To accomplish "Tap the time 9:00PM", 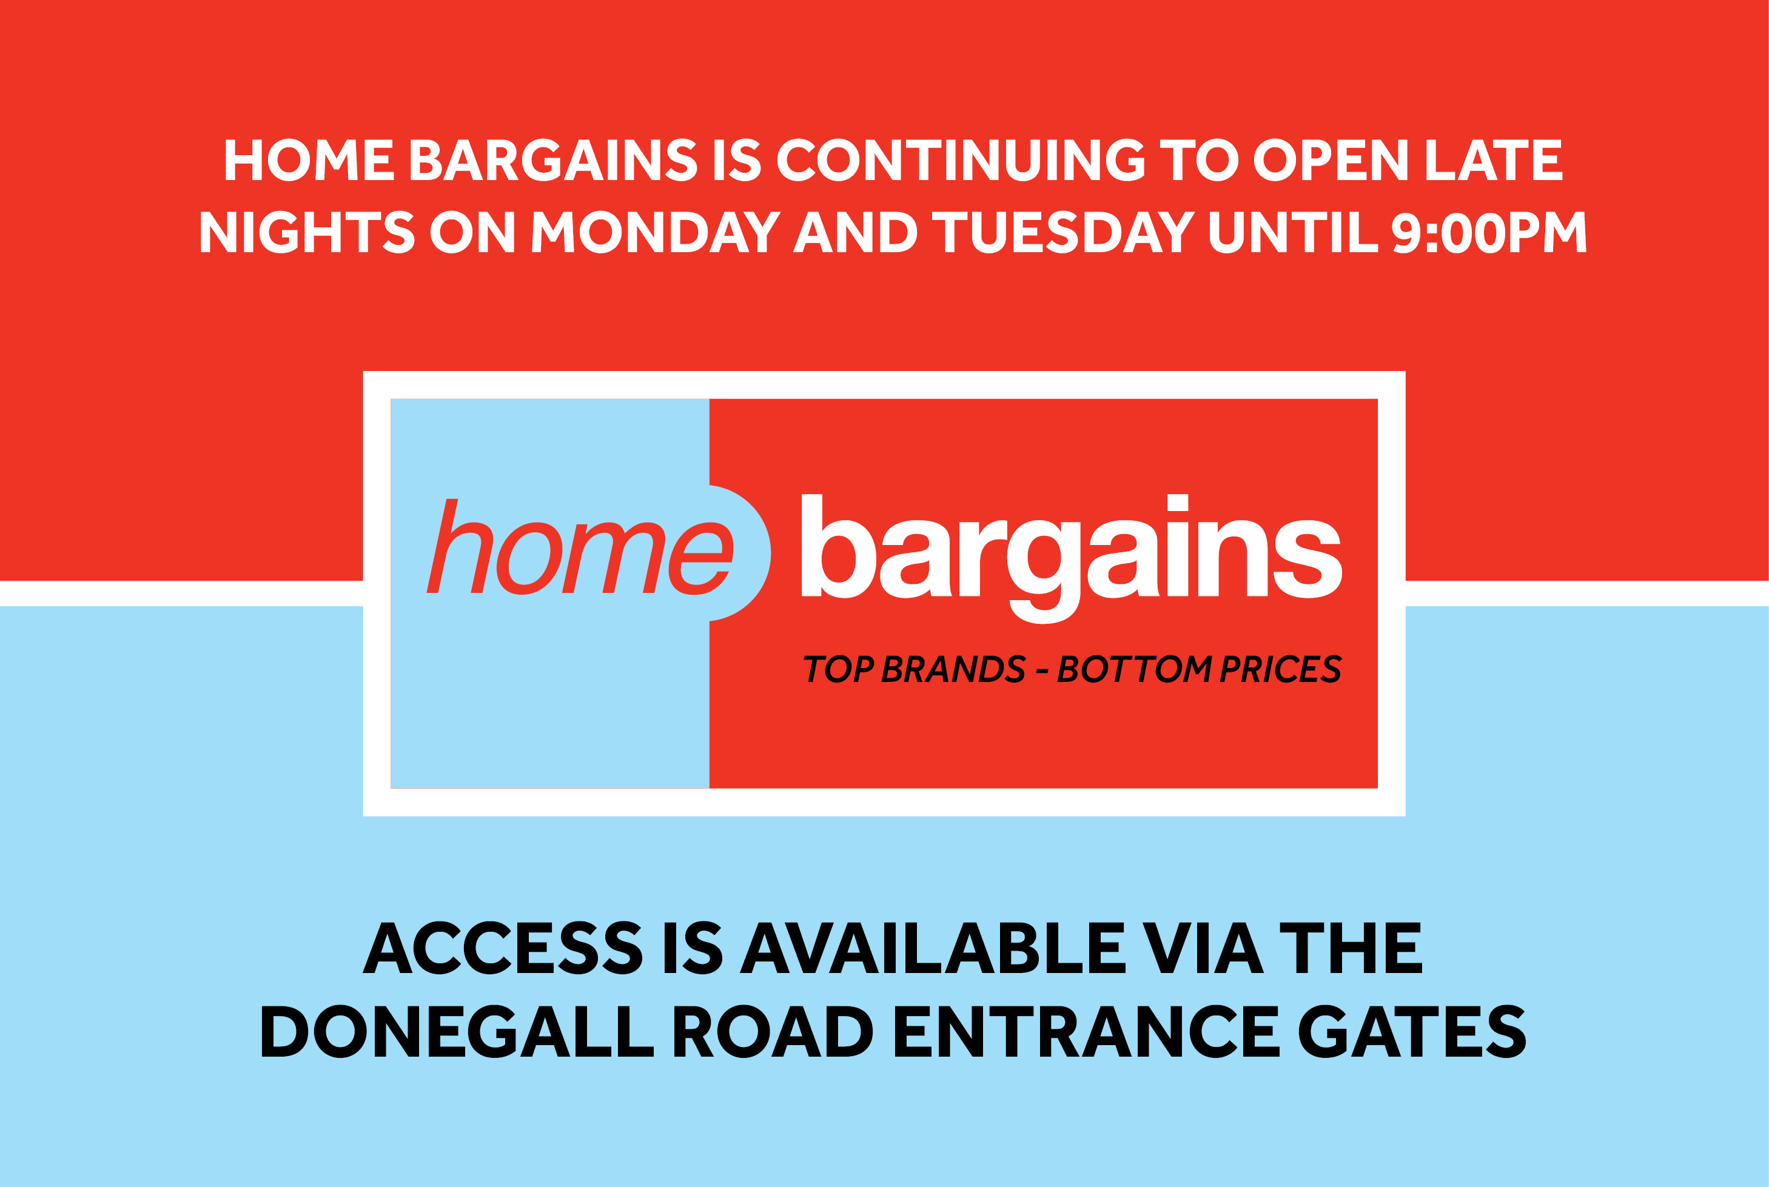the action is (1489, 232).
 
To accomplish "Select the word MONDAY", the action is (656, 232).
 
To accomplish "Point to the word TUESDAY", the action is (1063, 232).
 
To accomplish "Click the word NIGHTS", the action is (307, 232).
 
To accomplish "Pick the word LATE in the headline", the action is (1494, 159).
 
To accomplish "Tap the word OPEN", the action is (1331, 159).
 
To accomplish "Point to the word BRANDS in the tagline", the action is (953, 669).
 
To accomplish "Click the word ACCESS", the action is (503, 947).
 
